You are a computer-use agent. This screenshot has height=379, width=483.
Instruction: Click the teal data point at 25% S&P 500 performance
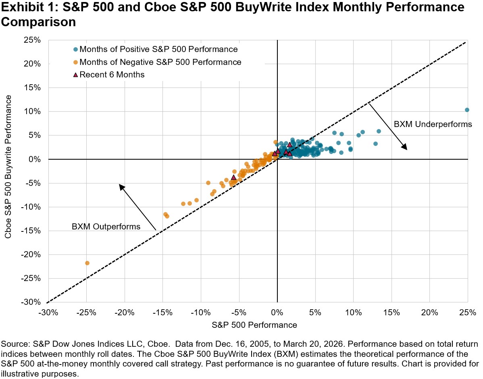[x=467, y=110]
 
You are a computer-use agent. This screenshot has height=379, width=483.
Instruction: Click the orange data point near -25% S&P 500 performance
[x=87, y=263]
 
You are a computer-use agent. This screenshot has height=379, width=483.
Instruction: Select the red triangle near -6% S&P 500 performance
[x=233, y=177]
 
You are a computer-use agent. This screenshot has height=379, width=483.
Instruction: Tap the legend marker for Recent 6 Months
[x=75, y=75]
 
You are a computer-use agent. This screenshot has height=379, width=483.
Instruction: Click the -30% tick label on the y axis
[x=31, y=302]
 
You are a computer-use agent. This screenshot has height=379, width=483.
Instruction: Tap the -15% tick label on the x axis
[x=163, y=312]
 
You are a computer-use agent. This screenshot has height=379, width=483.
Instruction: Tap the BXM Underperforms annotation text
[x=433, y=124]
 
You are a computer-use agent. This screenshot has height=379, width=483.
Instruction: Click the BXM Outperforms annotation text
[x=106, y=227]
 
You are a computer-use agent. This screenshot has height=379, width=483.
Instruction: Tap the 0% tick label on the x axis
[x=277, y=312]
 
